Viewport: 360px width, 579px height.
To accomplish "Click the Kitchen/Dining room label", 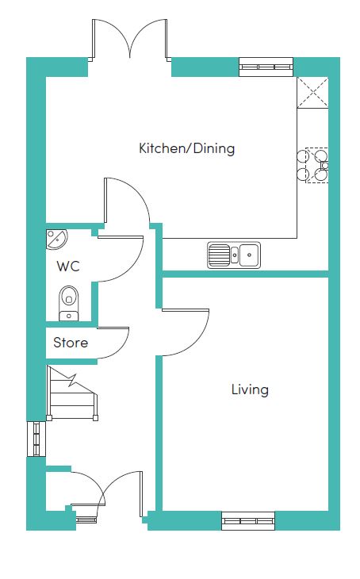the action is pyautogui.click(x=187, y=148).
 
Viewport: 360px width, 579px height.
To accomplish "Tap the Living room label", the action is pyautogui.click(x=250, y=389).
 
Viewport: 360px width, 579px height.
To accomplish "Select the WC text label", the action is pyautogui.click(x=68, y=266).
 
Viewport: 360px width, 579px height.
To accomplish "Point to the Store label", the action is pyautogui.click(x=71, y=343).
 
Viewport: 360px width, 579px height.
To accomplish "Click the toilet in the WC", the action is pyautogui.click(x=69, y=303).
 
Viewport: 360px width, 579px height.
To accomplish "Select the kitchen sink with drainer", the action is pyautogui.click(x=234, y=255).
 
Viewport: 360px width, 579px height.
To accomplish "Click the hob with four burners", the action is pyautogui.click(x=312, y=165).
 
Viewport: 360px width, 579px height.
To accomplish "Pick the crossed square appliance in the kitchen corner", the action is pyautogui.click(x=312, y=93).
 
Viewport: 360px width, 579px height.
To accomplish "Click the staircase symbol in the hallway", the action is pyautogui.click(x=72, y=393).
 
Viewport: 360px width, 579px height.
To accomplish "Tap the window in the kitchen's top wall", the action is pyautogui.click(x=266, y=67).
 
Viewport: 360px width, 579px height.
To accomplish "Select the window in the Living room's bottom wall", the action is pyautogui.click(x=248, y=520).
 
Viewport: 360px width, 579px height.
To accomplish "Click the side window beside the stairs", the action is pyautogui.click(x=36, y=439).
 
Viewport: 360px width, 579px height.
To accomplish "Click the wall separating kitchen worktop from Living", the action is pyautogui.click(x=246, y=274).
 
